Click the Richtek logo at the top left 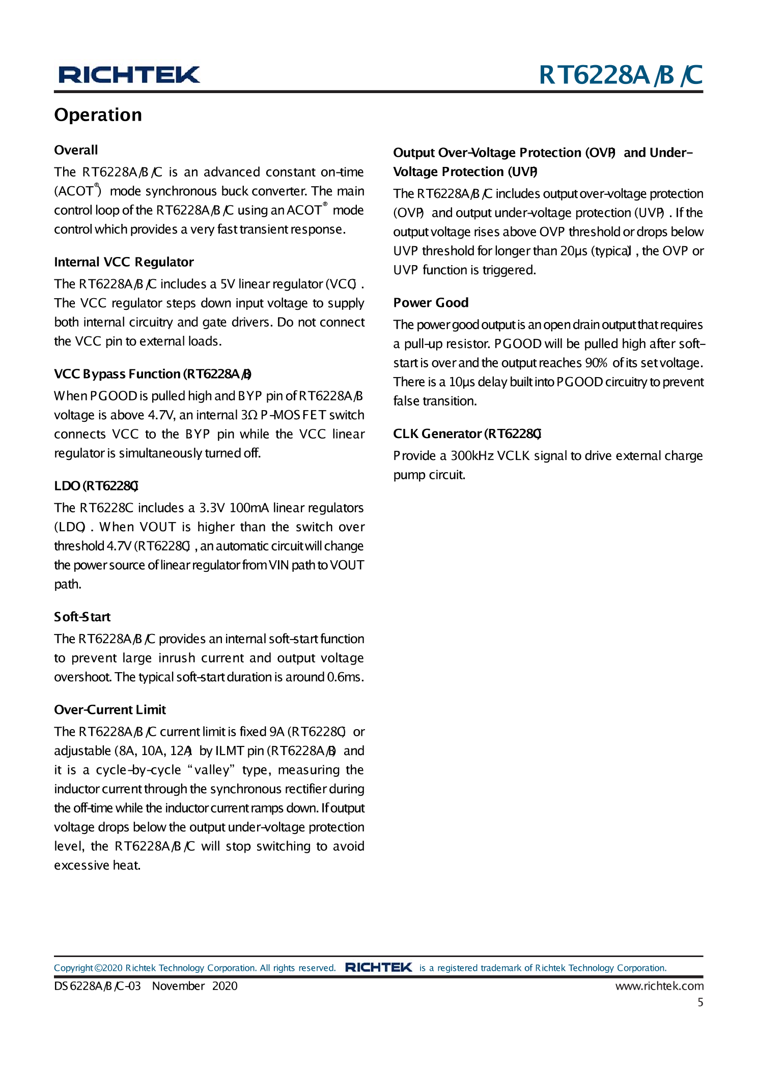129,75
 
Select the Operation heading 98,115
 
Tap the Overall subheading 76,150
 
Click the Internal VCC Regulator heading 124,262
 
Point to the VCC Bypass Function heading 153,374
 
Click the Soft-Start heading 82,617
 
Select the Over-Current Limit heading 110,710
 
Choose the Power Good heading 431,303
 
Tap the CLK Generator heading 467,433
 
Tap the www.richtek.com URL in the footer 659,986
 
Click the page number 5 700,1002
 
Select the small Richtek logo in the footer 378,967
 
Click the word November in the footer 178,986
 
